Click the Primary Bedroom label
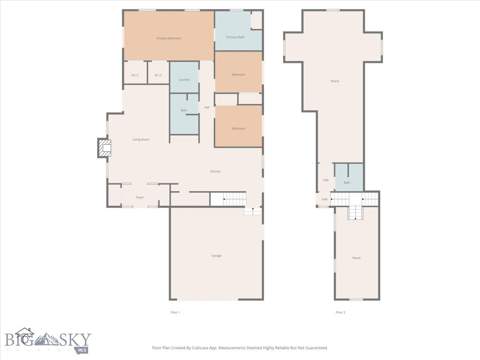(169, 38)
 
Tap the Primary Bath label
(235, 37)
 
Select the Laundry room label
(184, 80)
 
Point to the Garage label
(216, 255)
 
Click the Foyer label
(140, 197)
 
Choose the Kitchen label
(215, 172)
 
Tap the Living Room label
(141, 140)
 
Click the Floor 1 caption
(175, 312)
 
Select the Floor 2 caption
(340, 312)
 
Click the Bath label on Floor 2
(347, 182)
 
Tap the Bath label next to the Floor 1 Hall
(184, 110)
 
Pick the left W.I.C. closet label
(135, 75)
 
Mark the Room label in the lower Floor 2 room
(357, 258)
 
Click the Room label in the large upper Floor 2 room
(335, 81)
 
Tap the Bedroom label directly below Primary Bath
(238, 75)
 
